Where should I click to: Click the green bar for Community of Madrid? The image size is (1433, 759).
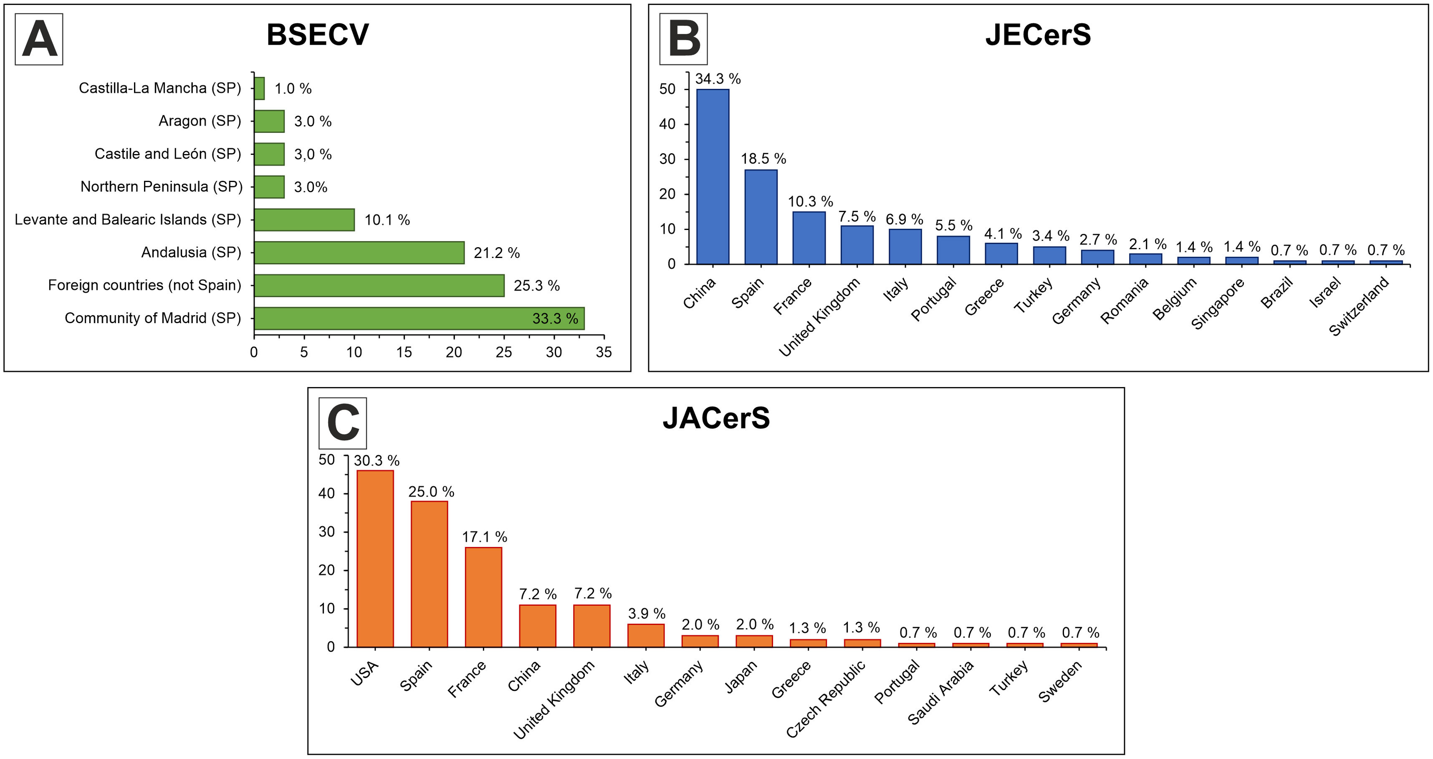tap(419, 318)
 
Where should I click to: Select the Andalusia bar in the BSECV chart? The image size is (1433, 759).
tap(359, 253)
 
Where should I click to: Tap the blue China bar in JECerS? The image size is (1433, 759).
tap(713, 177)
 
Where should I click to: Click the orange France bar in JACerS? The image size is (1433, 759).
tap(483, 597)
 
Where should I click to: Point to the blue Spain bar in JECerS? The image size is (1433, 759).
tap(761, 217)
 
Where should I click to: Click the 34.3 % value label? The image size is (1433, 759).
tap(718, 79)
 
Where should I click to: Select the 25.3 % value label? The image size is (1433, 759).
tap(536, 286)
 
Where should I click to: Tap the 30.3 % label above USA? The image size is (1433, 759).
tap(377, 461)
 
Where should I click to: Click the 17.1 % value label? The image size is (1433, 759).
tap(485, 537)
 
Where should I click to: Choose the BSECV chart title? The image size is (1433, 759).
tap(318, 35)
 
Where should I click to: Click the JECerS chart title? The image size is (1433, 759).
tap(1038, 35)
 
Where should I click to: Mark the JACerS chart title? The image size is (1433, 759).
tap(716, 418)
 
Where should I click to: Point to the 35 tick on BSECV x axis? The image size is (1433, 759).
tap(604, 352)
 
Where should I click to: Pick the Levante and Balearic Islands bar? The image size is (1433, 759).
tap(304, 220)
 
